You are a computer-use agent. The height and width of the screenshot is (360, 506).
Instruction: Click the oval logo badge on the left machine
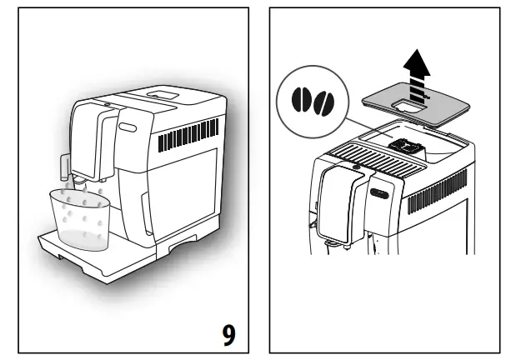pos(126,127)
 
